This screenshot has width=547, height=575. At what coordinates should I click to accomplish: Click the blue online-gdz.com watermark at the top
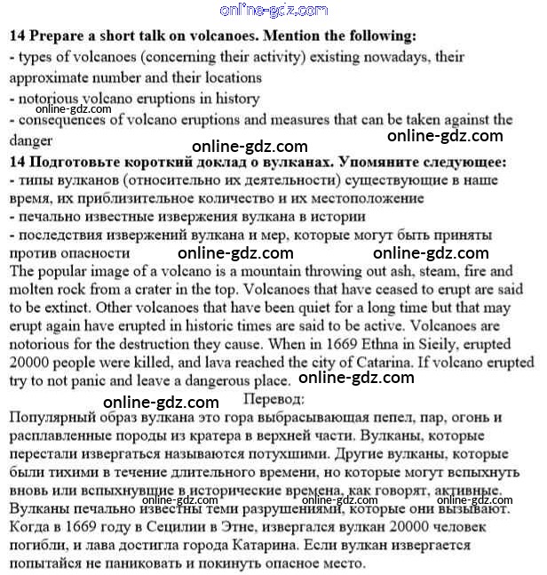[x=273, y=11]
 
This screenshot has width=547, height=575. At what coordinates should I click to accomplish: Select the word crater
[x=178, y=289]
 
